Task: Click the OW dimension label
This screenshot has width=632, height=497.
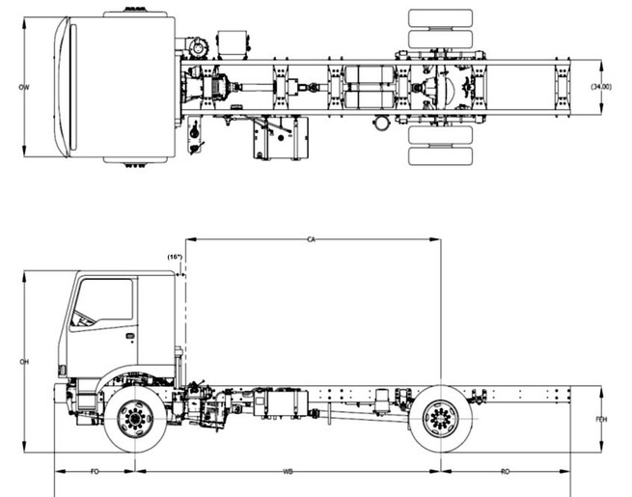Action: click(x=22, y=88)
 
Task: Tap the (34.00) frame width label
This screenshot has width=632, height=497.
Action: click(x=604, y=88)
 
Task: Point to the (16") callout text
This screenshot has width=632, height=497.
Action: click(x=175, y=257)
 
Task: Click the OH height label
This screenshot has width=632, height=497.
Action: click(x=22, y=363)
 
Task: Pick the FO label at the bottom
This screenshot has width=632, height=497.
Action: click(x=95, y=472)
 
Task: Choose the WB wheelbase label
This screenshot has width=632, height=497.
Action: click(x=288, y=472)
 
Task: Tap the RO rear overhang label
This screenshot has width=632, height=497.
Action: click(x=506, y=472)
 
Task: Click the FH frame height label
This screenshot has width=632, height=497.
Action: click(x=601, y=420)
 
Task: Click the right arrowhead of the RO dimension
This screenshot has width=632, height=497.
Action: click(x=567, y=472)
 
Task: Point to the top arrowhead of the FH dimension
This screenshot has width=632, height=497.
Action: click(x=601, y=390)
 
